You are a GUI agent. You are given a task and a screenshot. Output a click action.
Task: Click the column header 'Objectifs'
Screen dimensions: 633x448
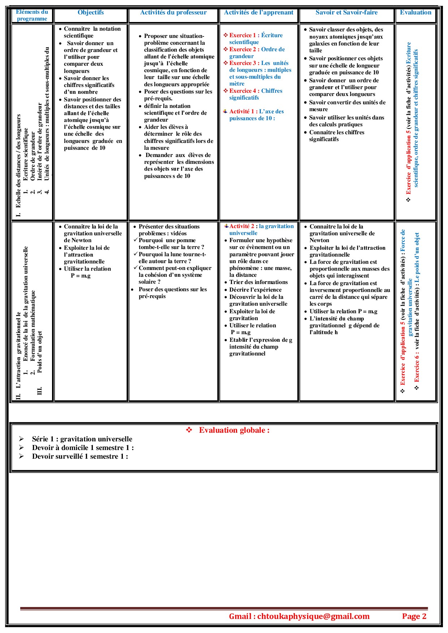pos(91,13)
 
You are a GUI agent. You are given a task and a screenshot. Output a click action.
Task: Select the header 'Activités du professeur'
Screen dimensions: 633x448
pos(173,13)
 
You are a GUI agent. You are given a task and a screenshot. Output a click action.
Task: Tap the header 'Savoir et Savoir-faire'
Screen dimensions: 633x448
pos(346,13)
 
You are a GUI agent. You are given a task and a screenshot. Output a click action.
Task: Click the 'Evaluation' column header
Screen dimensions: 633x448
pos(415,13)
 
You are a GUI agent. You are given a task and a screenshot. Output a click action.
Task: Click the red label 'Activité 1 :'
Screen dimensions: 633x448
pos(244,112)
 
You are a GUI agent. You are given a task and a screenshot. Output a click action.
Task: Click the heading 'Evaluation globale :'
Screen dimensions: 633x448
pos(234,430)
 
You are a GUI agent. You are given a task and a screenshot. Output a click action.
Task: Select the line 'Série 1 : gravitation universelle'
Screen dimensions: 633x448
pos(82,439)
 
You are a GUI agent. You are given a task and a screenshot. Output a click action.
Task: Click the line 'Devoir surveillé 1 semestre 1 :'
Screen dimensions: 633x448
pos(80,457)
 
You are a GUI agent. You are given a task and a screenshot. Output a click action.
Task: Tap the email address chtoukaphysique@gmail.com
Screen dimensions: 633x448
pos(313,616)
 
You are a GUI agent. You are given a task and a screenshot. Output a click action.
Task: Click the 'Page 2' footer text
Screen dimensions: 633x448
pos(414,616)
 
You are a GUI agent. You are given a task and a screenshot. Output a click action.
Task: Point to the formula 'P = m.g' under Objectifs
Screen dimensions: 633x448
pos(81,276)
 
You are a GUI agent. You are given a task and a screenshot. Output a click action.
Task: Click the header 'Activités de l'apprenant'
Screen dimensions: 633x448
pos(259,13)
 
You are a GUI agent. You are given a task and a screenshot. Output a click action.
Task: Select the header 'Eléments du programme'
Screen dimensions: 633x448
pos(32,16)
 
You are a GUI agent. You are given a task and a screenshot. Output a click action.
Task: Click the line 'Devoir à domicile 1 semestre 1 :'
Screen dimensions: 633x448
pos(83,448)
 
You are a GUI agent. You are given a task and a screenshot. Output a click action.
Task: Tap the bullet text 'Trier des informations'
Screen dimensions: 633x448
pos(258,282)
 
